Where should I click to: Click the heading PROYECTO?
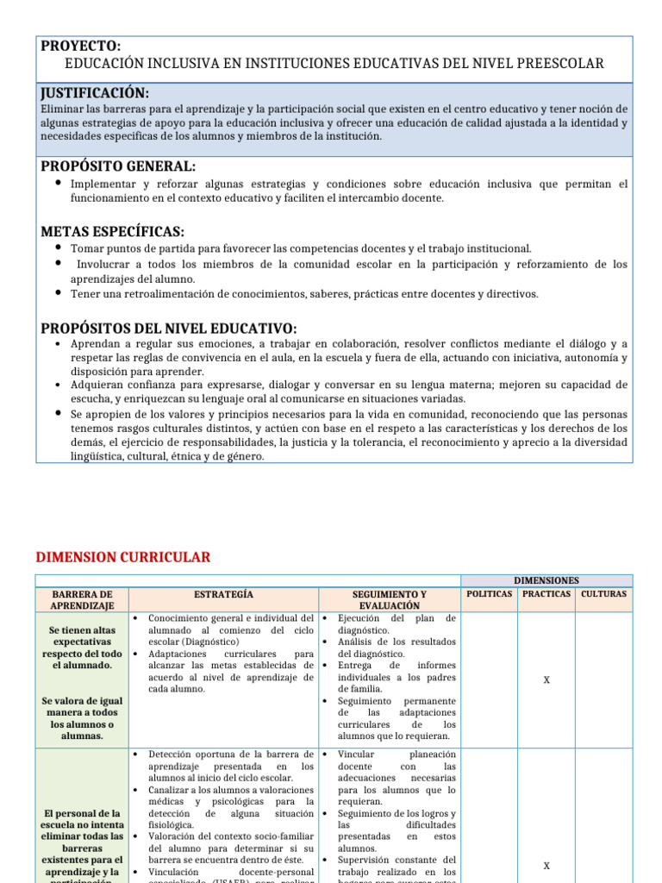[81, 46]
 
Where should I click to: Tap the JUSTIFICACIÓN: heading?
[95, 93]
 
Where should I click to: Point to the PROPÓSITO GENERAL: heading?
[119, 166]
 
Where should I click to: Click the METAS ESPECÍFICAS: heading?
[113, 231]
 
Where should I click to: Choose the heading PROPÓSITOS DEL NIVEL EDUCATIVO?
[169, 328]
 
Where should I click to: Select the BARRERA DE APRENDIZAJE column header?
[82, 600]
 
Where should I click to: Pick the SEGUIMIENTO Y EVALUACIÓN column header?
[390, 600]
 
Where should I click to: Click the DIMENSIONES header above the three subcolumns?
[546, 581]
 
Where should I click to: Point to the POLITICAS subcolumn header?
[490, 594]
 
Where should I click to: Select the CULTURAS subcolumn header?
[603, 594]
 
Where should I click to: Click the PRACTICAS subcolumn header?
[546, 594]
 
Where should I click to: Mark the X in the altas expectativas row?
[546, 680]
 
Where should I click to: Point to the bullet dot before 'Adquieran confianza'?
[56, 385]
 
